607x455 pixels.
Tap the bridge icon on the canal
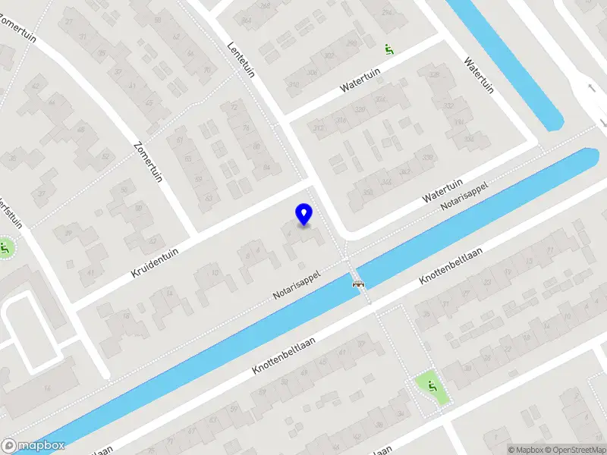358,284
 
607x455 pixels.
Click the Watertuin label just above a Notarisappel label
442,187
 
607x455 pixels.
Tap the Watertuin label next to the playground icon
359,79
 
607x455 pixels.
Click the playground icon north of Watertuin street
388,50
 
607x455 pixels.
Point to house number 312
319,129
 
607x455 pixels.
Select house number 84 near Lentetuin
266,167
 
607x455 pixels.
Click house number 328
360,111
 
